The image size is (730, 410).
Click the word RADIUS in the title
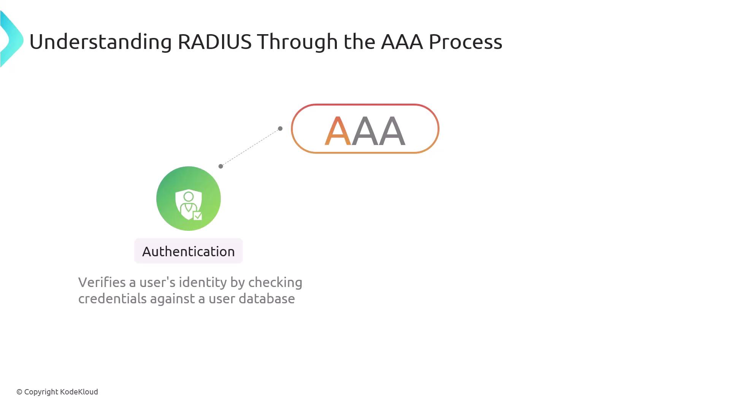click(214, 41)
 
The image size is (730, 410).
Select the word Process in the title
click(465, 42)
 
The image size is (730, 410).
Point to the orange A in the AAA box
click(338, 131)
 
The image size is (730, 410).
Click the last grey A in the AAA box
click(392, 131)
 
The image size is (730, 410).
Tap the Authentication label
click(189, 251)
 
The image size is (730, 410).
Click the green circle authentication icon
click(189, 199)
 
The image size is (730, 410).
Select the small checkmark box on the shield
click(198, 216)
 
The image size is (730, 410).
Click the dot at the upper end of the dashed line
click(280, 129)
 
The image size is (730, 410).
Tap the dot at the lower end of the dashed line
click(221, 166)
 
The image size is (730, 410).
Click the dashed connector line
click(251, 147)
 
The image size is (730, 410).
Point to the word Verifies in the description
click(102, 282)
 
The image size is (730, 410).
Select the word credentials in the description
click(112, 299)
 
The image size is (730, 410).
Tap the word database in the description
click(267, 299)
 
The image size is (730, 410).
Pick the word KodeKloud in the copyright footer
click(79, 392)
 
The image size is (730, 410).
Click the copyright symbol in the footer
click(19, 392)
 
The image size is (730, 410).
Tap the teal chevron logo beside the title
click(11, 39)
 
